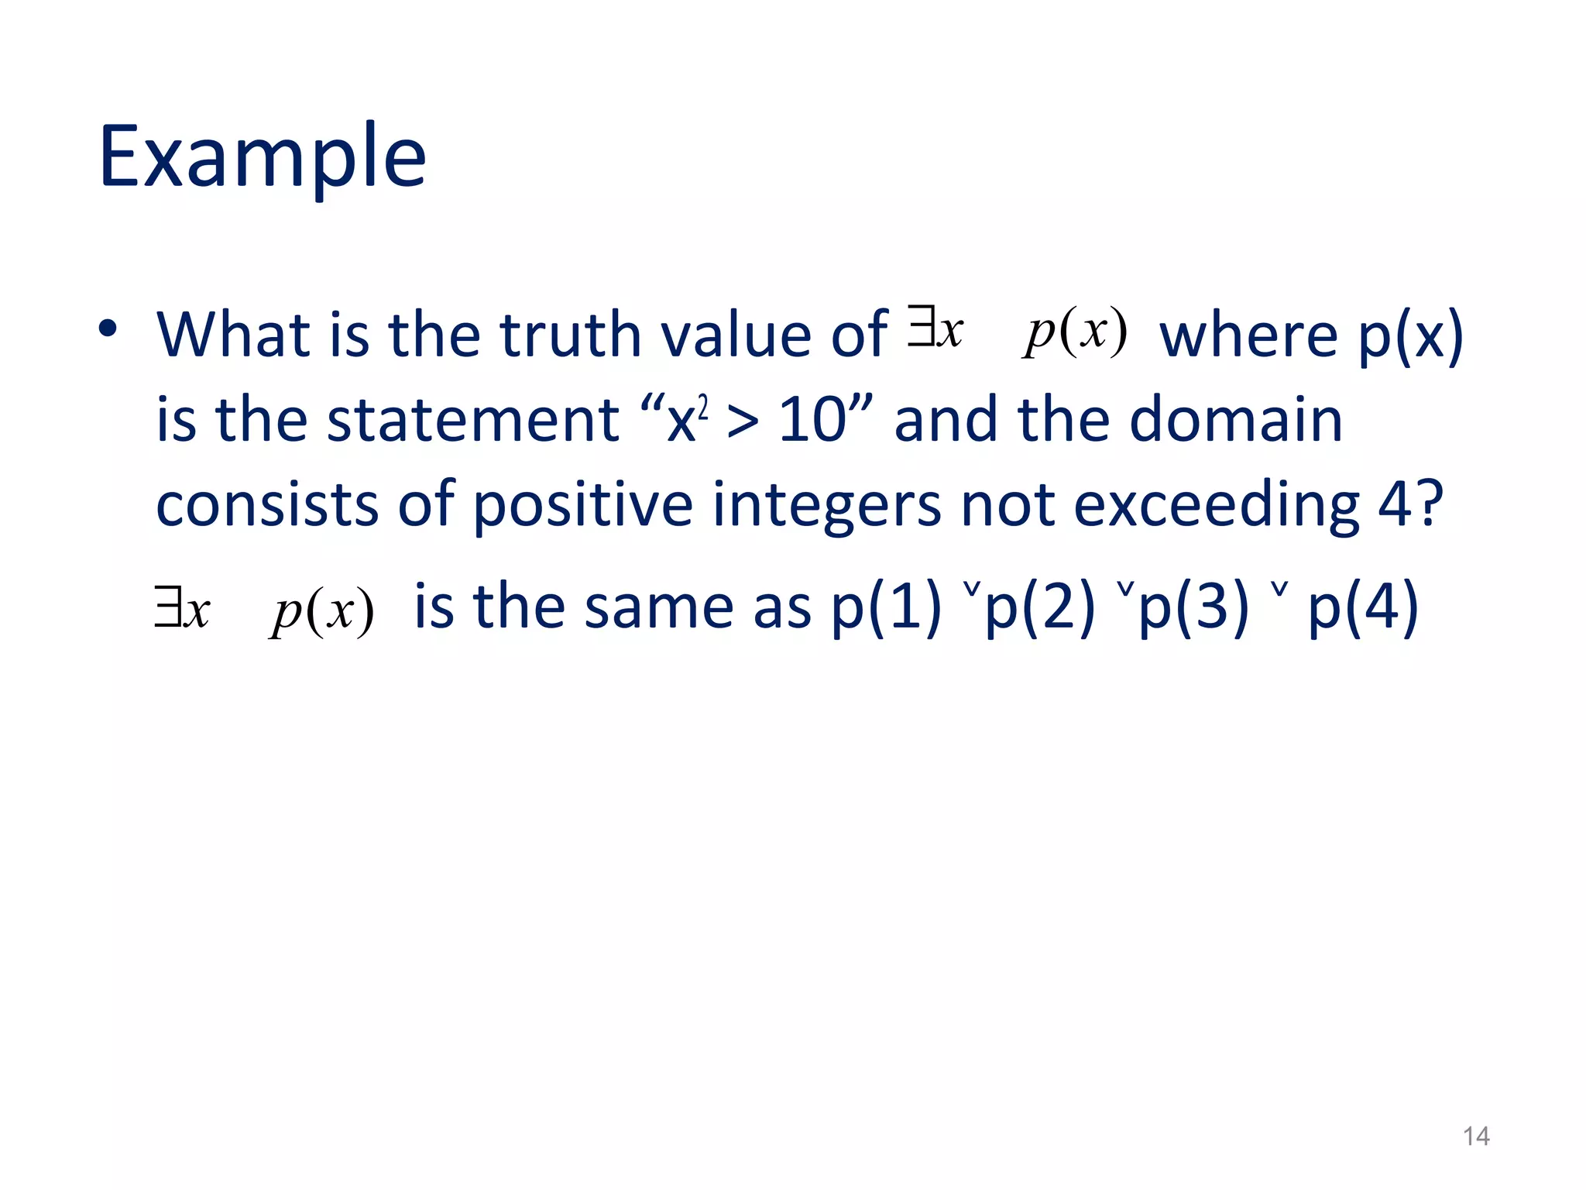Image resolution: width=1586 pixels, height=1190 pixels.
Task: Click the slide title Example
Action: coord(263,157)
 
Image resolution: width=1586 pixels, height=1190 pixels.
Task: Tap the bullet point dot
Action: coord(108,328)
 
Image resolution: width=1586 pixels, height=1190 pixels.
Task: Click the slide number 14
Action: coord(1476,1137)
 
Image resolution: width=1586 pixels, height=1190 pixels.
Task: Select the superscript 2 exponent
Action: coord(703,405)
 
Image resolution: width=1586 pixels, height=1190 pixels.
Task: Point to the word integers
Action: coord(826,504)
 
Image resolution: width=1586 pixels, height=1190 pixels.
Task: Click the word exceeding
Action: coord(1216,504)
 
